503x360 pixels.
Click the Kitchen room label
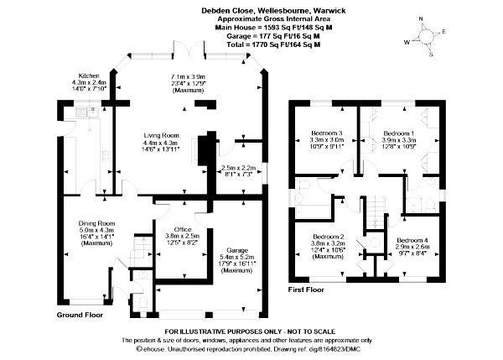(88, 74)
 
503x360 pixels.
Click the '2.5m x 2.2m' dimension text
(239, 168)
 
